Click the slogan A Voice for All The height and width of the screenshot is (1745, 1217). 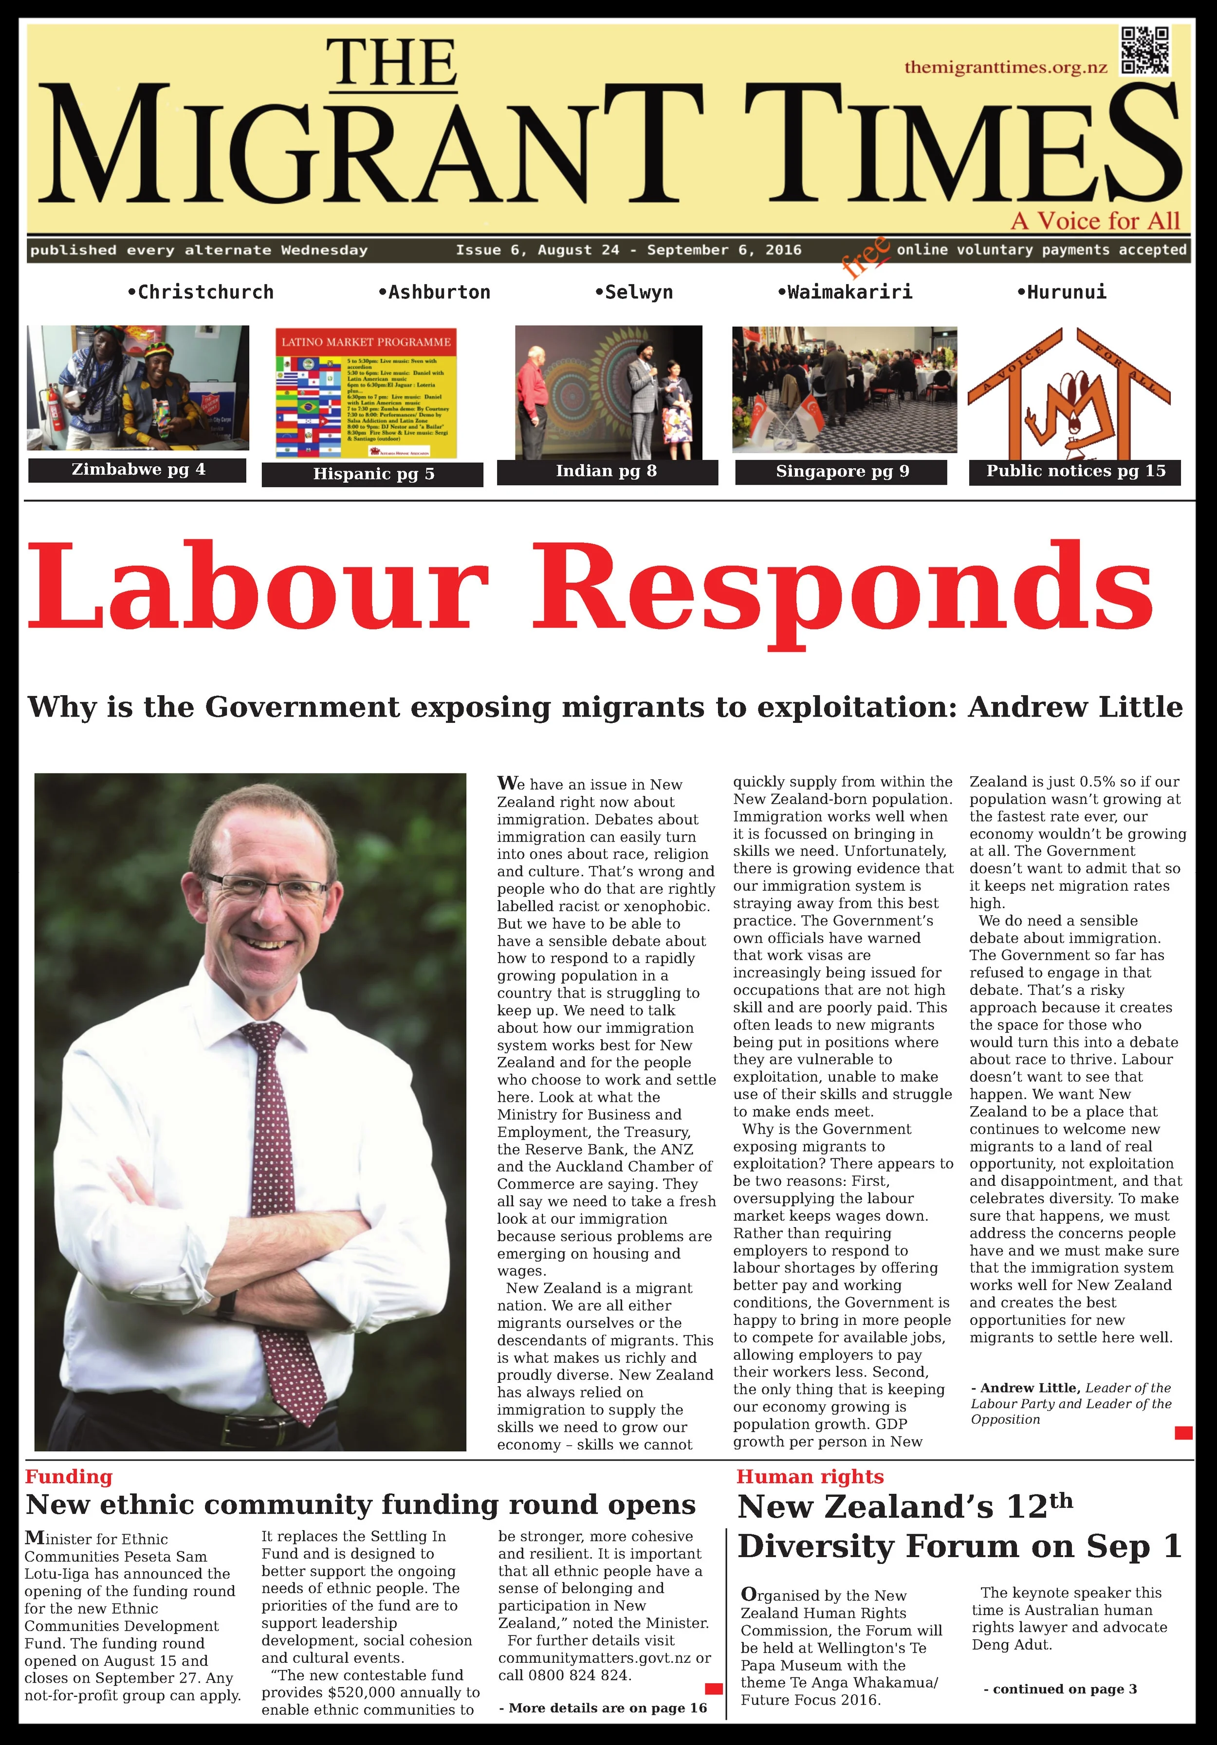[x=1095, y=221]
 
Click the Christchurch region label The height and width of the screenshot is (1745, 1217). [x=201, y=292]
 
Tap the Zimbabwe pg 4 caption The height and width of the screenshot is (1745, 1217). [x=138, y=470]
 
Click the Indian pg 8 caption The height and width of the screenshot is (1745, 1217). [x=606, y=471]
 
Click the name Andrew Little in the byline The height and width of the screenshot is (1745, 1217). [x=1029, y=1388]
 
